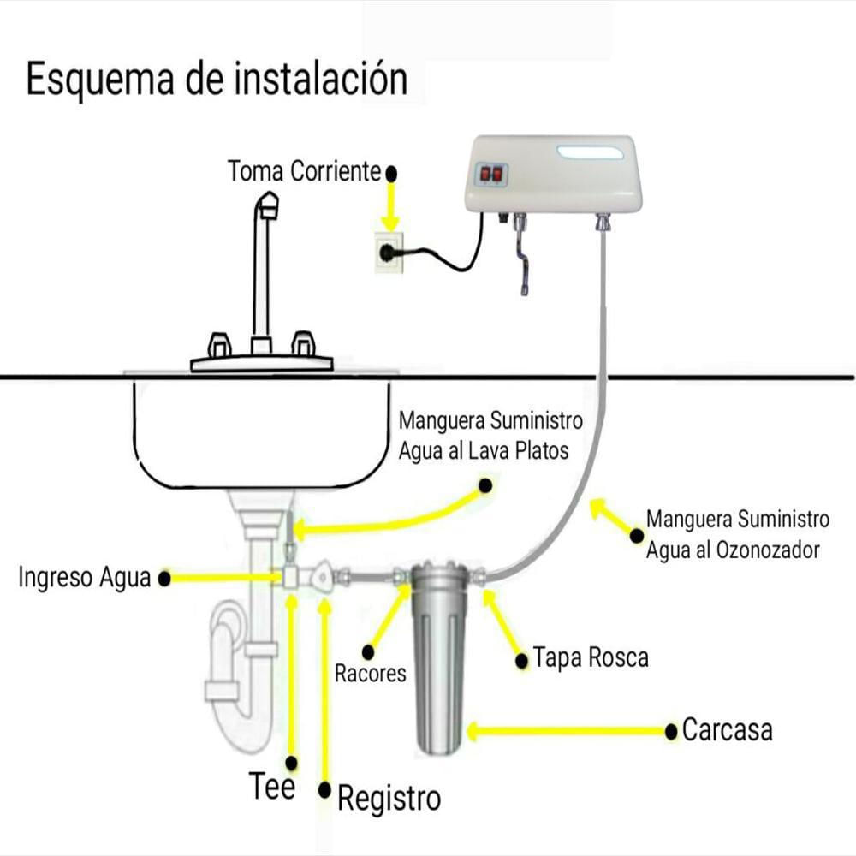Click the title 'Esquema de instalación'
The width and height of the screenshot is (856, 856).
[x=217, y=80]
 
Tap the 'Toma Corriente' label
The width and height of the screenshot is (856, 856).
[x=304, y=171]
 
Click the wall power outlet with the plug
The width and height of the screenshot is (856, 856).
[x=389, y=253]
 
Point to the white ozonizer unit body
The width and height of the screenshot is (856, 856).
[x=553, y=174]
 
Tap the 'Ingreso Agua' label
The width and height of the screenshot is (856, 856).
[x=84, y=578]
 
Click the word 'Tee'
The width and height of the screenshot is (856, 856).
[x=272, y=786]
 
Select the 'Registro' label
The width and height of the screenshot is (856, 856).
[x=389, y=799]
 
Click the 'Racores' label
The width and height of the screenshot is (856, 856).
[x=370, y=674]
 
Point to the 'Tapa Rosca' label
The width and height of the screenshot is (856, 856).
[x=591, y=657]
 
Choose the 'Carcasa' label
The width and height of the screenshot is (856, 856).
[x=727, y=730]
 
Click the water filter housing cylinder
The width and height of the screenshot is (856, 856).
[x=440, y=657]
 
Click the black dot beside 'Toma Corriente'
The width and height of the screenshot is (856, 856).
[x=391, y=174]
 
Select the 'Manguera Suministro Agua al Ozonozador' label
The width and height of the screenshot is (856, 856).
[x=738, y=534]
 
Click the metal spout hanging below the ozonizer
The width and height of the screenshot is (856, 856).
[x=520, y=254]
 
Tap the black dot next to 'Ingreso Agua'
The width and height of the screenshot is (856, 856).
[x=164, y=579]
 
